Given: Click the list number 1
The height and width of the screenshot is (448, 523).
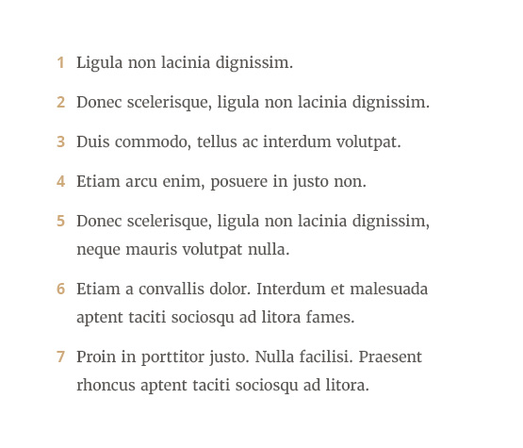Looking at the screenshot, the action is tap(60, 63).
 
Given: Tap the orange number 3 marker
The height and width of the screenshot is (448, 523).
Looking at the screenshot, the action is tap(60, 142).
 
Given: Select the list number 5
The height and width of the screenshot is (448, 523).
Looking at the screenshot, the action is tap(60, 222).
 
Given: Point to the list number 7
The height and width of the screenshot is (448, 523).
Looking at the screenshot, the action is tap(60, 357).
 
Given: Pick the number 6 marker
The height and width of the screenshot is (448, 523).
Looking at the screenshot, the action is tap(60, 290).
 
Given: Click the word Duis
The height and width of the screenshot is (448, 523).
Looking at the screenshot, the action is tap(93, 142).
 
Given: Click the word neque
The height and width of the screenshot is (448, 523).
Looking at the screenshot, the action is tap(98, 250).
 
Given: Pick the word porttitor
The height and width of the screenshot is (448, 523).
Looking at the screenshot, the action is tap(169, 357).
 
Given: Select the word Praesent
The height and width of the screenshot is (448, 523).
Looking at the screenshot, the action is tap(390, 357).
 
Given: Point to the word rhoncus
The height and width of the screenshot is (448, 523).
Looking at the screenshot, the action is tap(106, 386).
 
